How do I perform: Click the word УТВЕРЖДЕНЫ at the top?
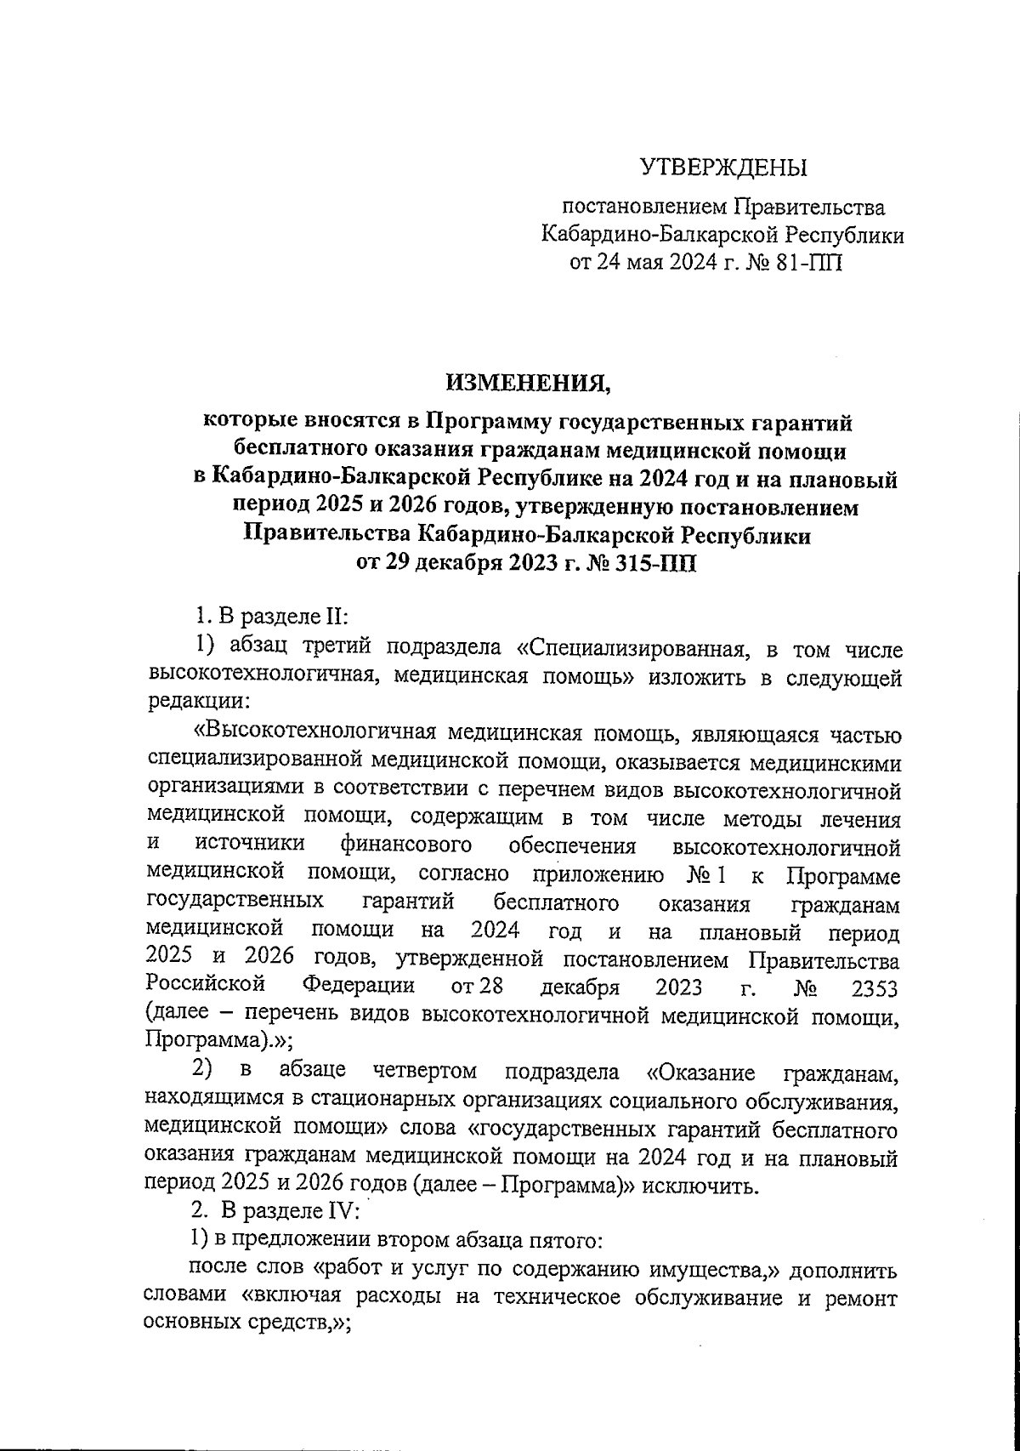pyautogui.click(x=723, y=168)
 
